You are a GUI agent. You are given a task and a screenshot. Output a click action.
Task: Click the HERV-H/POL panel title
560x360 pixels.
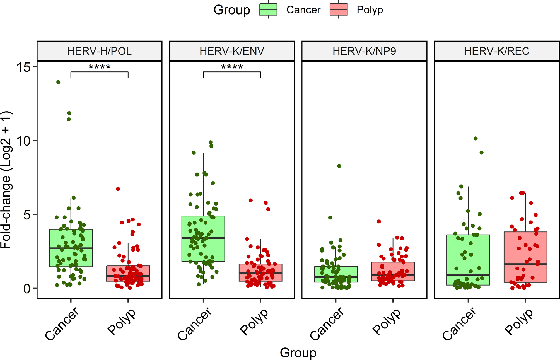99,51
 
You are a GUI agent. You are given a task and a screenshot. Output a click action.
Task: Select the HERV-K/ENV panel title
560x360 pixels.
232,51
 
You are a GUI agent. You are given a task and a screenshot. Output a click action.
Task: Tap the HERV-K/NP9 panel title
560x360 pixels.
364,51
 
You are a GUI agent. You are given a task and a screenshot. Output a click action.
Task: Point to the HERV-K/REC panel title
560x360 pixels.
497,51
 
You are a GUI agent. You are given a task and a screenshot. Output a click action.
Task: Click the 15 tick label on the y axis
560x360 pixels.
23,67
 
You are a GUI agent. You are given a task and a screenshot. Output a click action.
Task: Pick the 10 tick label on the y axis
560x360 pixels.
23,141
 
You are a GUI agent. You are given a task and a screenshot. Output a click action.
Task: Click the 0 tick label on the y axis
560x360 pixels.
27,289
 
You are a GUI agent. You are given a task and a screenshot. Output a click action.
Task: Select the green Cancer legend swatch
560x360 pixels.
268,10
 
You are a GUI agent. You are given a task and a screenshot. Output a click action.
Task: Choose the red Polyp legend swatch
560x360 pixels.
339,10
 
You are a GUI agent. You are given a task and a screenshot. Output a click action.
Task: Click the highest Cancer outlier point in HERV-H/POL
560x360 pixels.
58,82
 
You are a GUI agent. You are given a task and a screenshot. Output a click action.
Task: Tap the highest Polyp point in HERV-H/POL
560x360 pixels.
118,189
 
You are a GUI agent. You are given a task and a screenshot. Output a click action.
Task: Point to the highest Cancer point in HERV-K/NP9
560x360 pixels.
339,166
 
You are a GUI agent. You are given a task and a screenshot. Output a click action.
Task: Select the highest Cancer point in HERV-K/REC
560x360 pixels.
475,138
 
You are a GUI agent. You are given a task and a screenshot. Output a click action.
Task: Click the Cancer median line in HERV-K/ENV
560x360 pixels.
203,238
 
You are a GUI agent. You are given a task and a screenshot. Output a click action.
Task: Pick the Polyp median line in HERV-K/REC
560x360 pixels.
525,264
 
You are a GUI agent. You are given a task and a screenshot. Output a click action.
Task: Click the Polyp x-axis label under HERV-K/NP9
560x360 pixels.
387,322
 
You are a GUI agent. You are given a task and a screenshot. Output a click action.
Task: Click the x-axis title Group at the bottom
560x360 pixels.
298,353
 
